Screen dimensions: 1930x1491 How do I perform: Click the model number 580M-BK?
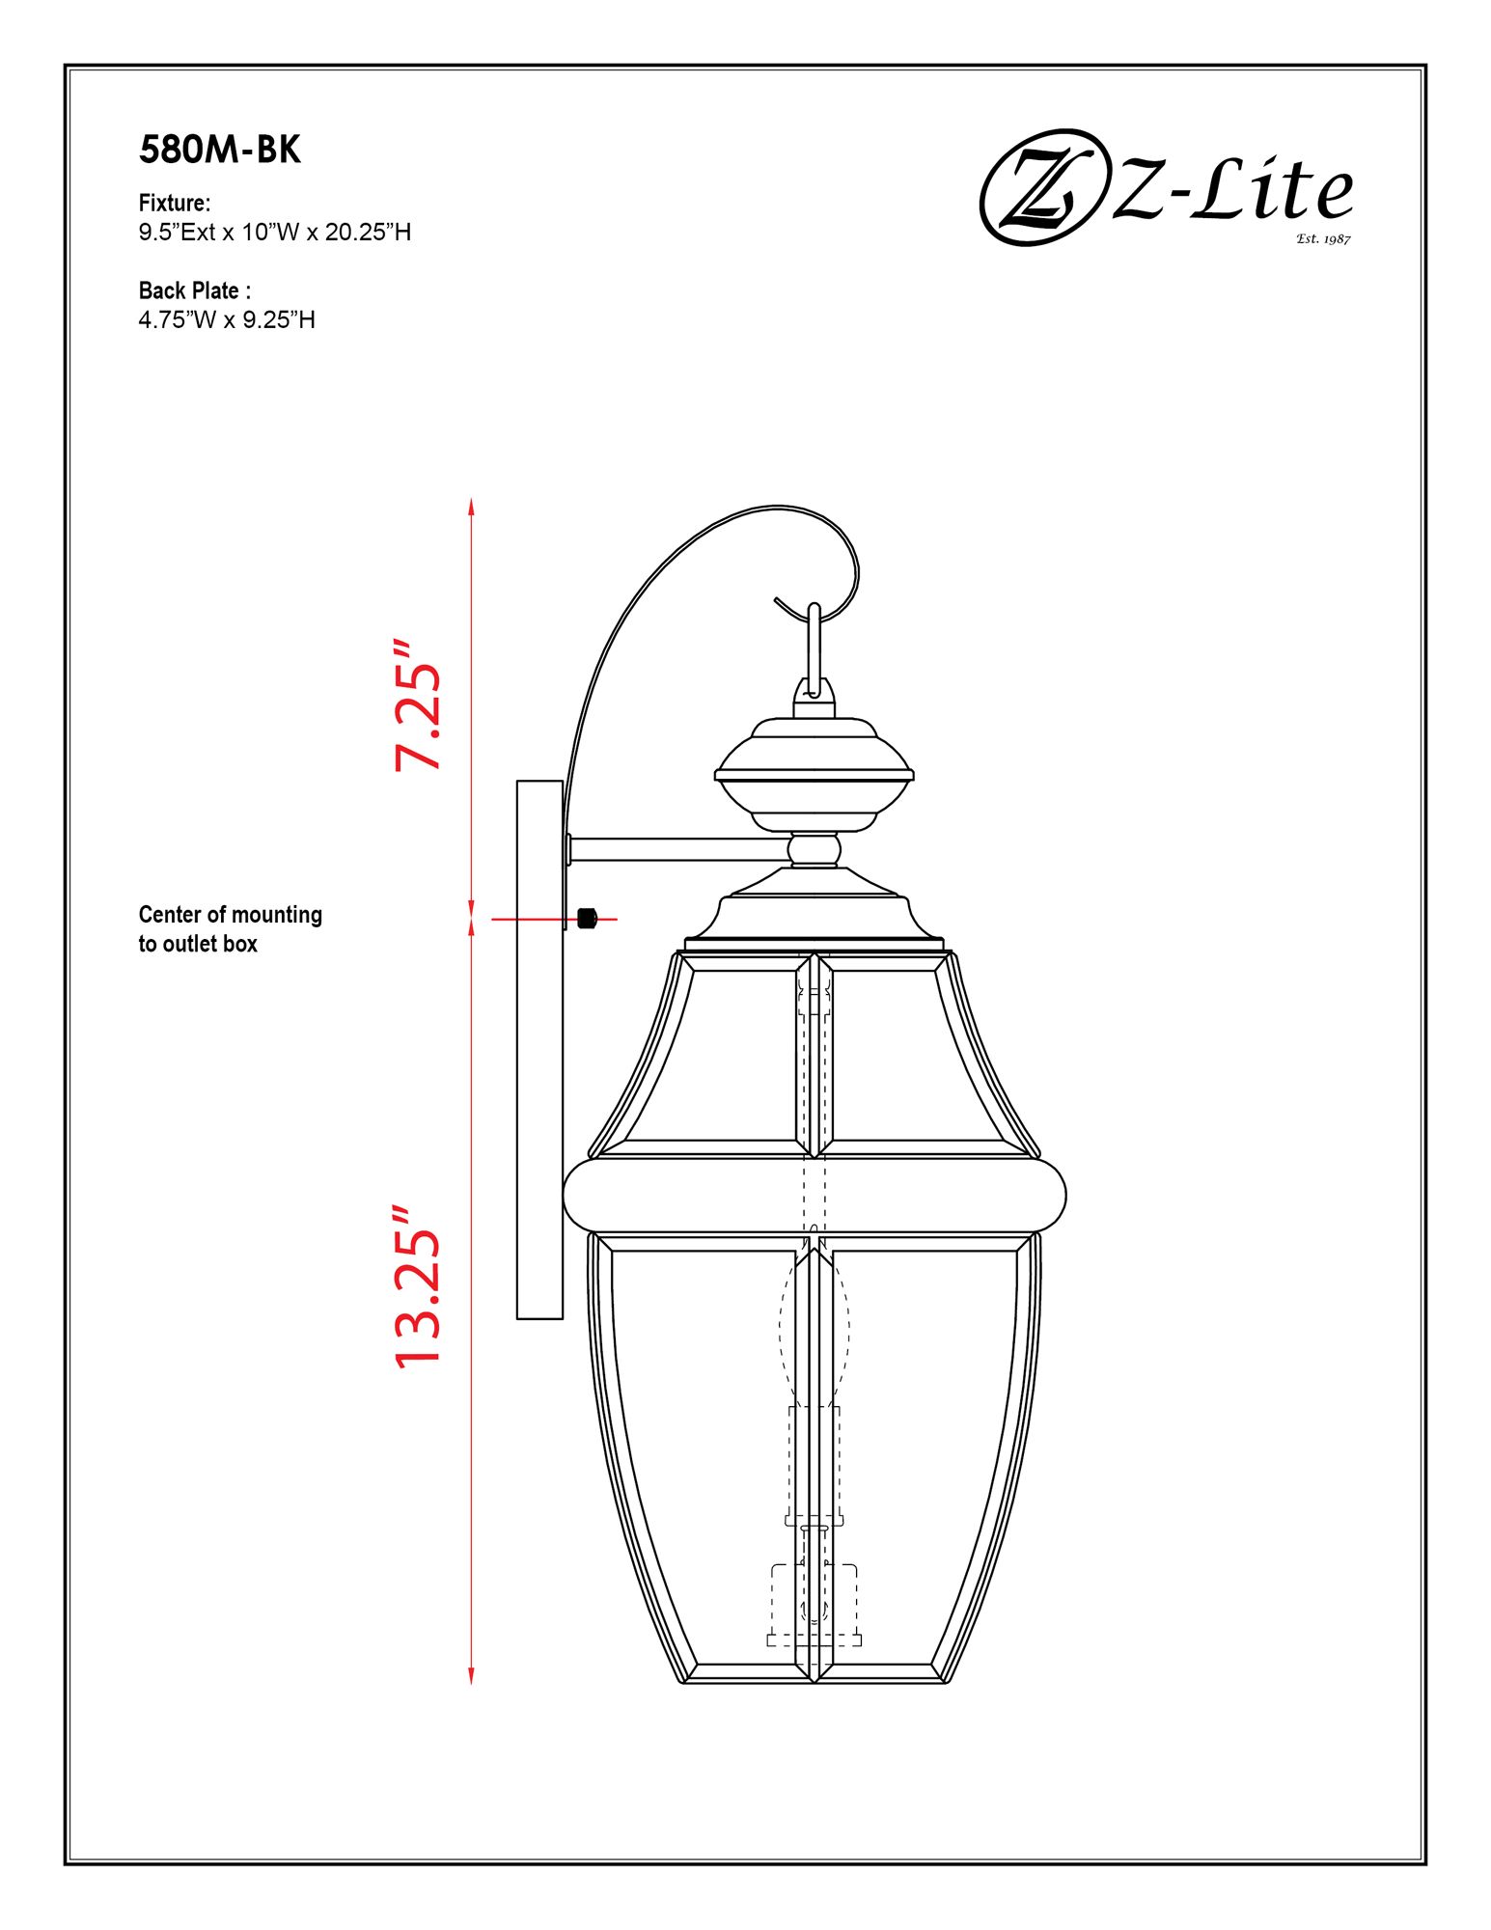pyautogui.click(x=220, y=150)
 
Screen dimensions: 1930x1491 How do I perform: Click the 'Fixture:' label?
pyautogui.click(x=174, y=203)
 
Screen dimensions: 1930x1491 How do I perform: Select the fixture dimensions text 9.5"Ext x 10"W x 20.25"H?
pyautogui.click(x=274, y=232)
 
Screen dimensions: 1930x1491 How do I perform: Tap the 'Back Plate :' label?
pyautogui.click(x=194, y=290)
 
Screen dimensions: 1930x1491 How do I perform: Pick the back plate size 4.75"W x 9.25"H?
pyautogui.click(x=226, y=319)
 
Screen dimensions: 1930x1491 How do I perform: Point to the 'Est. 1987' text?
pyautogui.click(x=1322, y=238)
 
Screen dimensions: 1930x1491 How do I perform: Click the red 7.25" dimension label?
pyautogui.click(x=417, y=704)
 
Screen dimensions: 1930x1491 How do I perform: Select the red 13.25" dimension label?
pyautogui.click(x=417, y=1285)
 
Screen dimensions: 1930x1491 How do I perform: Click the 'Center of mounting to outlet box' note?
pyautogui.click(x=229, y=928)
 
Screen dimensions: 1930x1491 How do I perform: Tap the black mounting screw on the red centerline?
pyautogui.click(x=586, y=918)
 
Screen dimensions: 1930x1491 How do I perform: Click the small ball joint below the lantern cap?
pyautogui.click(x=814, y=850)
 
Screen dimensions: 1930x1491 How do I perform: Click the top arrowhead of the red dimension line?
pyautogui.click(x=471, y=506)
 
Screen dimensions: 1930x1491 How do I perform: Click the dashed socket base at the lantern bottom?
pyautogui.click(x=814, y=1607)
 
